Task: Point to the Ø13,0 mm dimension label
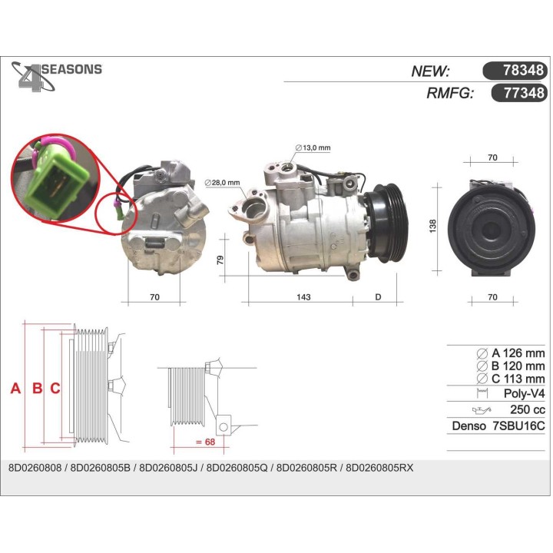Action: click(x=313, y=147)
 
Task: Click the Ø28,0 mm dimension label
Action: click(x=223, y=182)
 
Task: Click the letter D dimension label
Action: click(x=378, y=297)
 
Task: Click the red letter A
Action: click(x=15, y=389)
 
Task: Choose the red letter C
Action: click(x=55, y=389)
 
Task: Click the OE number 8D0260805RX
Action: click(x=380, y=467)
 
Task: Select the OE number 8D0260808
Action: click(x=34, y=467)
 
